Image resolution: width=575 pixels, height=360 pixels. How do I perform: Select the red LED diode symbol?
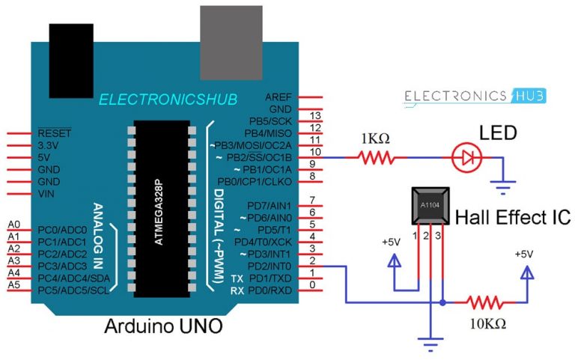point(466,158)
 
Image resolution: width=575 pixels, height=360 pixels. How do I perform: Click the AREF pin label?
point(279,98)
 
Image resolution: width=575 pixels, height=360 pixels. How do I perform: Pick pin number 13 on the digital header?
point(314,115)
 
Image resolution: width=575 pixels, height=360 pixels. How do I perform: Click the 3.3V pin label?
point(50,146)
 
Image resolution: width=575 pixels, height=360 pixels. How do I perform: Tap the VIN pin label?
point(46,194)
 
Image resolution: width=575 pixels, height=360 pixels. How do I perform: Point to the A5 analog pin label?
point(13,285)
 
